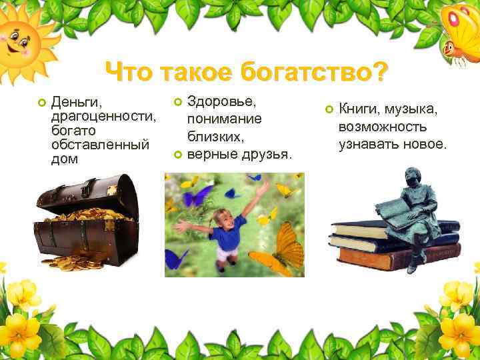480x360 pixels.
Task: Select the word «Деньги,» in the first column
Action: pyautogui.click(x=77, y=103)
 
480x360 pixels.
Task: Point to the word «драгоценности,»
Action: pyautogui.click(x=103, y=117)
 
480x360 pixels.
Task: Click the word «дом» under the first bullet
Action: pyautogui.click(x=64, y=159)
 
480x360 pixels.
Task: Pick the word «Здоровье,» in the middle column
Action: pyautogui.click(x=223, y=101)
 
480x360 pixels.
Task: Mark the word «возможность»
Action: pyautogui.click(x=383, y=127)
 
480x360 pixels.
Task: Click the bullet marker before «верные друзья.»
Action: pyautogui.click(x=177, y=155)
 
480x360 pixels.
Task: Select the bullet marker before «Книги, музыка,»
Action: pyautogui.click(x=328, y=109)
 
